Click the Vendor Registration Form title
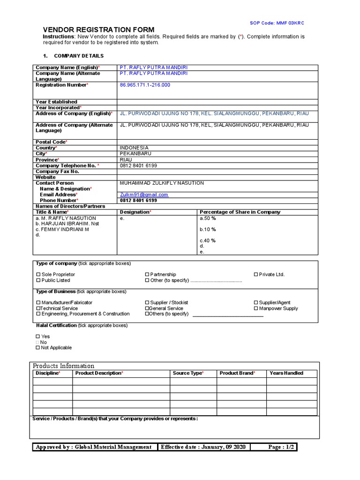98,30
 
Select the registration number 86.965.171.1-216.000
145,85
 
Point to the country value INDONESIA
134,148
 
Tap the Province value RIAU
126,160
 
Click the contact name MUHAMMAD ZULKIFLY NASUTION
162,183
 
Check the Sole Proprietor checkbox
38,275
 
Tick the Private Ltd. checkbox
256,275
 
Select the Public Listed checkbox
38,280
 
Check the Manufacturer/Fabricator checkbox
38,303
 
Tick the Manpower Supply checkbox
256,308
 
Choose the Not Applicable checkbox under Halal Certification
38,348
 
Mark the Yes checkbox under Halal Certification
38,337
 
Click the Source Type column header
188,373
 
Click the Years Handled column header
286,373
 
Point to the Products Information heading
63,366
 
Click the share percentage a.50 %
208,218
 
